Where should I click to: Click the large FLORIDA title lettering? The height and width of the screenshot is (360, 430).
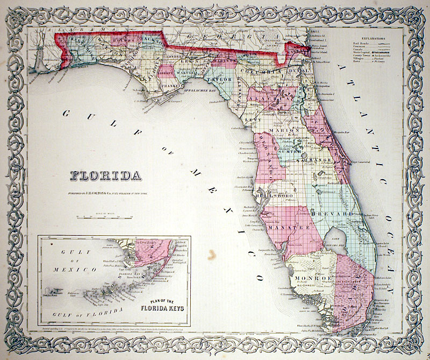(x=105, y=175)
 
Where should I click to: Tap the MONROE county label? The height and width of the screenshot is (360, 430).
(x=311, y=278)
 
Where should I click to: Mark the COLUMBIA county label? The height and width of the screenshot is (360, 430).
(x=260, y=70)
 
